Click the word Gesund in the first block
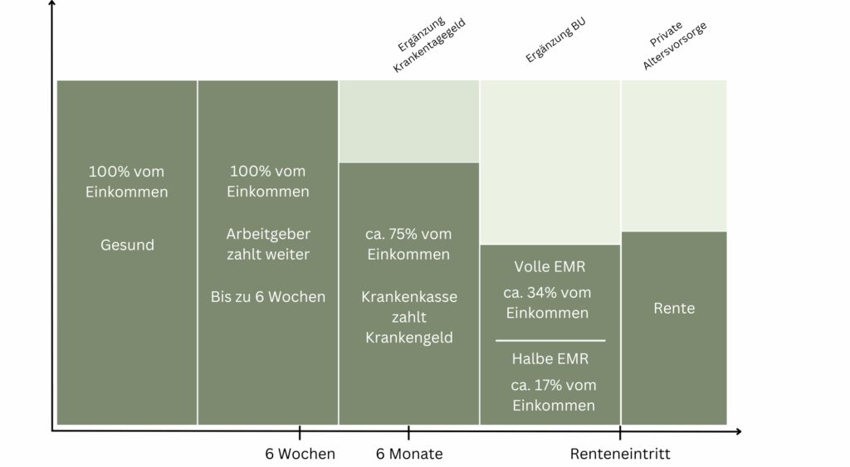tap(127, 246)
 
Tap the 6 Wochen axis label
tap(300, 454)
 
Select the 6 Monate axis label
tap(409, 454)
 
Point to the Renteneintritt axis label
tap(620, 454)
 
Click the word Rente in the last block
tap(673, 309)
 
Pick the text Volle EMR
tap(550, 267)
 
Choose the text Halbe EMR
tap(550, 359)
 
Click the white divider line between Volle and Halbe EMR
tap(550, 340)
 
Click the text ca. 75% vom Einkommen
tap(408, 245)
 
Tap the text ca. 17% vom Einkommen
tap(553, 395)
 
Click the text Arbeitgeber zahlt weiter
tap(267, 245)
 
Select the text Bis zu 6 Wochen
tap(267, 296)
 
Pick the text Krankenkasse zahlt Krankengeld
tap(408, 317)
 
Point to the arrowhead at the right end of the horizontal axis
tap(737, 431)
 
